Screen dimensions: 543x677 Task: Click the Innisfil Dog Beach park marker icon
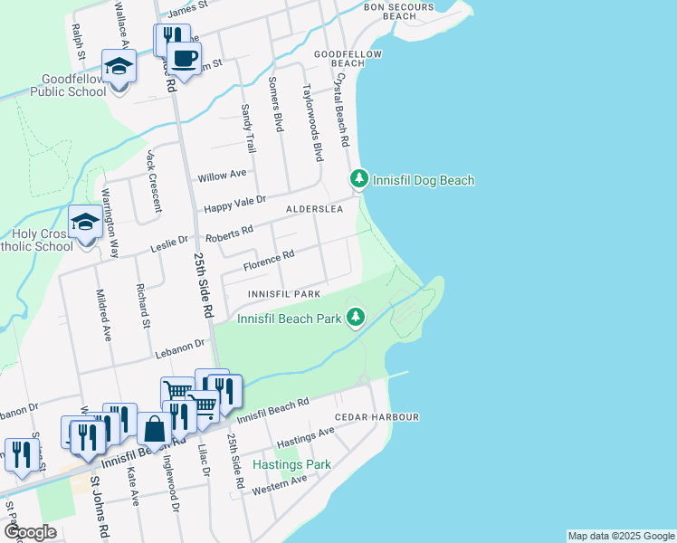tap(359, 179)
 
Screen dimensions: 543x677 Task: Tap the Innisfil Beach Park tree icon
tap(358, 317)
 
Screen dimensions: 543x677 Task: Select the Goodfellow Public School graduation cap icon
tap(119, 68)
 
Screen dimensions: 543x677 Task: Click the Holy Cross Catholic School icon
tap(85, 223)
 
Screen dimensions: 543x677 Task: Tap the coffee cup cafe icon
tap(185, 60)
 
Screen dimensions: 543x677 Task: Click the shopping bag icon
tap(155, 429)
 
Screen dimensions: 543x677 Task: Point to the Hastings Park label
tap(291, 464)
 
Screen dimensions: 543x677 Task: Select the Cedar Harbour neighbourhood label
tap(377, 417)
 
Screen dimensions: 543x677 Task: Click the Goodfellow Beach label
tap(348, 59)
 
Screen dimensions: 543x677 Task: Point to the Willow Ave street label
tap(224, 174)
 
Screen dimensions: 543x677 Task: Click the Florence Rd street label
tap(269, 261)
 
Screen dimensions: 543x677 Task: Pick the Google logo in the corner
tap(30, 532)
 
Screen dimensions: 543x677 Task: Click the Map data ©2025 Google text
tap(620, 536)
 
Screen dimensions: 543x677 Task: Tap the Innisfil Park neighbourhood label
tap(285, 295)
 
